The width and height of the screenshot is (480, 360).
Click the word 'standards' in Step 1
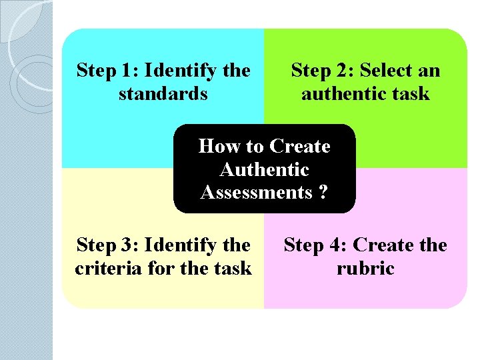coord(163,93)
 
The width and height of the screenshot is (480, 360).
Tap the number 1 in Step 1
coord(127,70)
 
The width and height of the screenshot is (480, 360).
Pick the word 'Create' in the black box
coord(299,146)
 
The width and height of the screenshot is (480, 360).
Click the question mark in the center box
coord(323,193)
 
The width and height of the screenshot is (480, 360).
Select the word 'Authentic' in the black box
coord(264,169)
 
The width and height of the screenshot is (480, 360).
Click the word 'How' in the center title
coord(214,146)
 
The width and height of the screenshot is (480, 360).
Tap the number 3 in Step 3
coord(127,245)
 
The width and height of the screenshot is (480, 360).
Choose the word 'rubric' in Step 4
coord(365,269)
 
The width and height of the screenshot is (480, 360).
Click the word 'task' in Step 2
coord(411,93)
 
